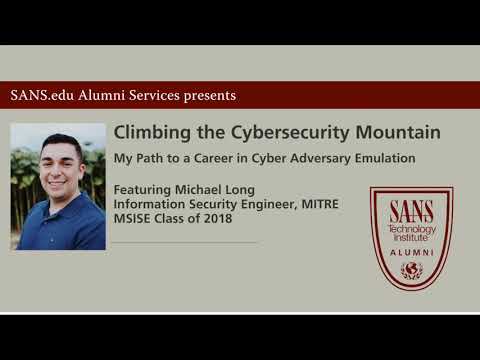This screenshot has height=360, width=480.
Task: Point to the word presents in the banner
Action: pyautogui.click(x=207, y=96)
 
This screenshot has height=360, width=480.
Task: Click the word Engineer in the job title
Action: pyautogui.click(x=245, y=205)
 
